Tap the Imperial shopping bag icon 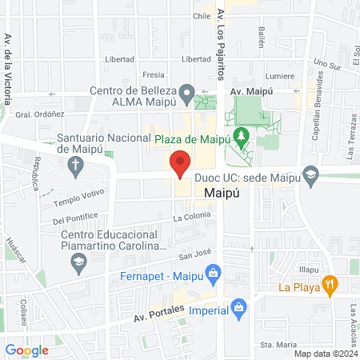(238, 306)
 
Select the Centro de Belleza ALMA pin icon (186, 95)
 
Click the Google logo (27, 350)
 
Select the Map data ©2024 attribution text (325, 353)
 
